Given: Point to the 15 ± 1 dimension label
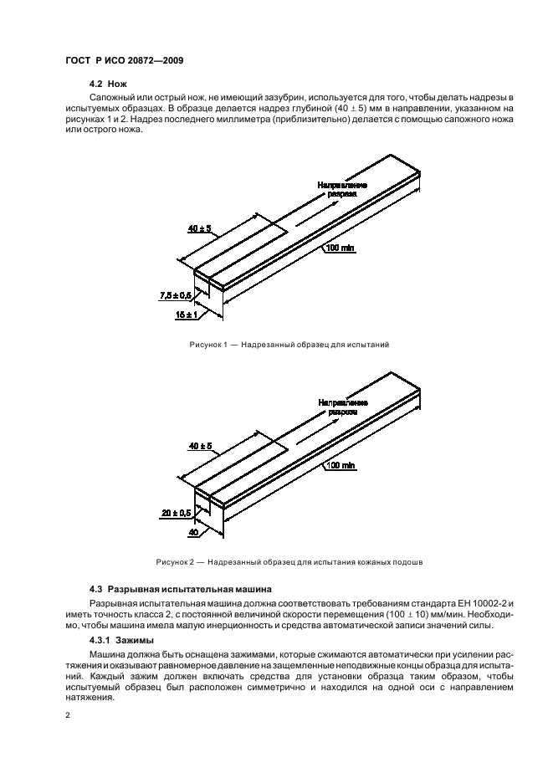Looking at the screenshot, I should coord(187,315).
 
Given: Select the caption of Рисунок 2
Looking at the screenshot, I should coord(289,562).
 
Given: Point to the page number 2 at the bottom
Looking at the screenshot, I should coord(66,716).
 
